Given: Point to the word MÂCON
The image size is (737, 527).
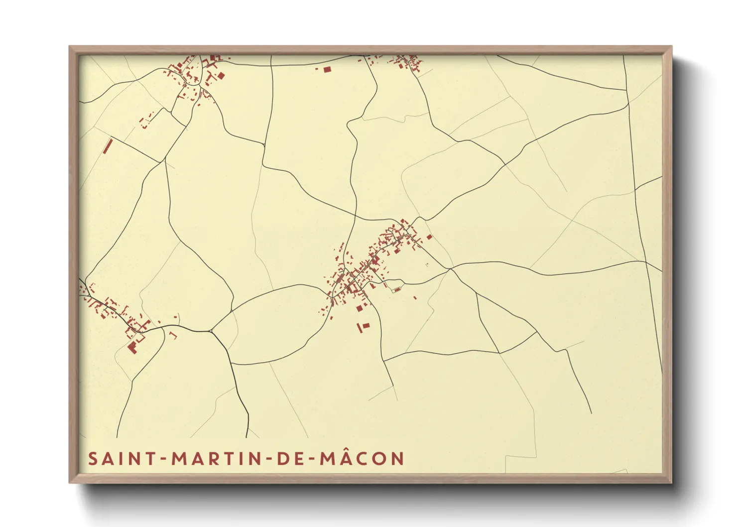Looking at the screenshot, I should [362, 459].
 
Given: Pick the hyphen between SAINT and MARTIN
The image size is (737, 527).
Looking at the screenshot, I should [164, 459].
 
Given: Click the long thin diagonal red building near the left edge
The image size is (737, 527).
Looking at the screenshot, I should [108, 146].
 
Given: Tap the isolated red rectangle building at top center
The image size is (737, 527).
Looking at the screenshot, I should [327, 70].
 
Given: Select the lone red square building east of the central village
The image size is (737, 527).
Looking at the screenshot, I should [429, 237].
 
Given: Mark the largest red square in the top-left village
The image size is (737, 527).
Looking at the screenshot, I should [221, 76].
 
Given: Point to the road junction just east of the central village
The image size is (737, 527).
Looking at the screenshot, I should [450, 269].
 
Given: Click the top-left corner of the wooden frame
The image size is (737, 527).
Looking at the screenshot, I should [70, 47].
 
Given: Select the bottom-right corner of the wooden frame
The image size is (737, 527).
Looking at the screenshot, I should [671, 482].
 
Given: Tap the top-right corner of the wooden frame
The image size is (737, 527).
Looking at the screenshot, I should [671, 47].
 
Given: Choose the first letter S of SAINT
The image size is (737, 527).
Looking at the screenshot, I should [93, 459].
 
